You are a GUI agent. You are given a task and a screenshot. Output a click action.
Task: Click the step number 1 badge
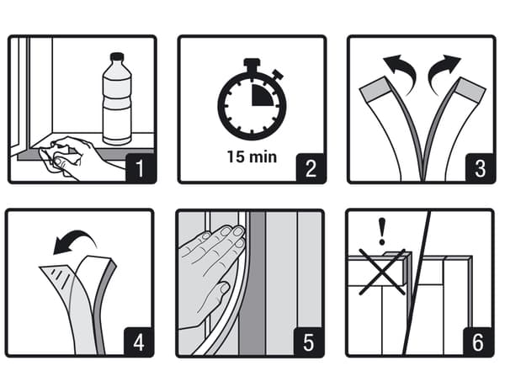(x=140, y=167)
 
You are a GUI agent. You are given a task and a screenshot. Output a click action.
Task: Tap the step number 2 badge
(x=311, y=167)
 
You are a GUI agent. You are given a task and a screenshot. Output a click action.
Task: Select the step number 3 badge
(x=480, y=167)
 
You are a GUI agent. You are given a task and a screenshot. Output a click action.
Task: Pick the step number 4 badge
(x=140, y=342)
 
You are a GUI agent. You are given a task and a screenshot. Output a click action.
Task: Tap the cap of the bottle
(x=117, y=56)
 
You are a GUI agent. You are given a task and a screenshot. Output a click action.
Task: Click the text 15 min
(x=251, y=156)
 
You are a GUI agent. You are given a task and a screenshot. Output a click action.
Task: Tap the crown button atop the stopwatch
(x=251, y=63)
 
